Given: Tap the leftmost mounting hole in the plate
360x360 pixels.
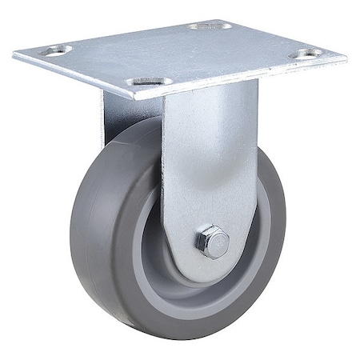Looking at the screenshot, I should [x=55, y=50].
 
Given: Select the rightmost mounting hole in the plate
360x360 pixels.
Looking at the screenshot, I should [x=306, y=54].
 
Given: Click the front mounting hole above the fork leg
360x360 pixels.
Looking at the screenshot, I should [x=149, y=82].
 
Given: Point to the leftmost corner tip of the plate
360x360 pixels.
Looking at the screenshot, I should [x=14, y=54].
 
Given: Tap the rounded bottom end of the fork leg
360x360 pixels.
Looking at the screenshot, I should [x=210, y=268].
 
